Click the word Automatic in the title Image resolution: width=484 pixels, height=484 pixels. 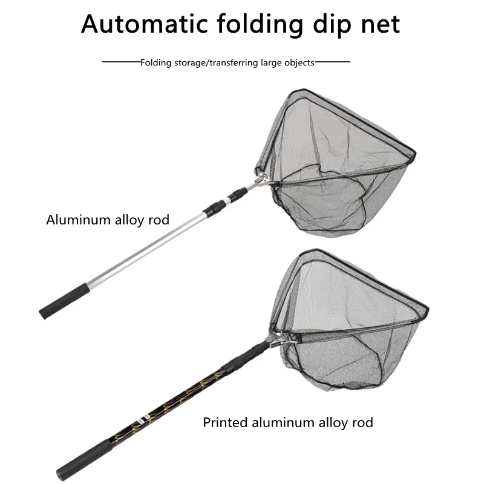(141, 24)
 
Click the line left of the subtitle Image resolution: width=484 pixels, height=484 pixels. (121, 62)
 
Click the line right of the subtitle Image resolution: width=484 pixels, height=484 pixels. (332, 62)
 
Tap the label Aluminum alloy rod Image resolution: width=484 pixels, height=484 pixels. (108, 220)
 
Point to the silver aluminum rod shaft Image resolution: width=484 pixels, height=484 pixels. (151, 248)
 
